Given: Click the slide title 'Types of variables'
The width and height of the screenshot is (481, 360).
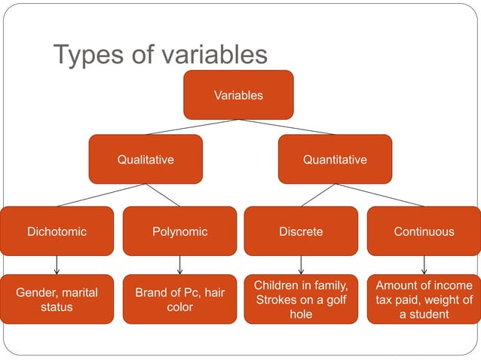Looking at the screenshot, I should (x=160, y=55).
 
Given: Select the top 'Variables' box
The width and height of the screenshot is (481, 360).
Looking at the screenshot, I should (x=238, y=95).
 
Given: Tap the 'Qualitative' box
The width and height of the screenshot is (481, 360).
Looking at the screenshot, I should (x=146, y=160).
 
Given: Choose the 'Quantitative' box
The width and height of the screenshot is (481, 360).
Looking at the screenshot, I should (x=335, y=160).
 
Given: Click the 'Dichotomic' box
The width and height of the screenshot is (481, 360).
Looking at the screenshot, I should (x=57, y=231).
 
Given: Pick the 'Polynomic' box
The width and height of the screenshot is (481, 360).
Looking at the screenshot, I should (x=179, y=231).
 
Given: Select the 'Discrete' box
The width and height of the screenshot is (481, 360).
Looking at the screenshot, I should (x=301, y=231).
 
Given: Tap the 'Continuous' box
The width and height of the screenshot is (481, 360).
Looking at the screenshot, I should (x=424, y=231).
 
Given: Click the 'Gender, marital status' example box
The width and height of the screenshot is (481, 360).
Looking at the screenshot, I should (x=57, y=299).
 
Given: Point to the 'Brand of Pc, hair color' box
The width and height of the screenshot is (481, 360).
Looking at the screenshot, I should (x=179, y=299).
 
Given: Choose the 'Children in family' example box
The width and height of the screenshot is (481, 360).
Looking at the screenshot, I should (x=301, y=299).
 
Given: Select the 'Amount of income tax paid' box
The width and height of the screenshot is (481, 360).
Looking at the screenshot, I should (x=424, y=299).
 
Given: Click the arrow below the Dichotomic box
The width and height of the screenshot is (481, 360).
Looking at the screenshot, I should (x=57, y=265).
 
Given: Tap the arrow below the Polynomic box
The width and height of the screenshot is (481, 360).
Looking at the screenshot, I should (x=179, y=265).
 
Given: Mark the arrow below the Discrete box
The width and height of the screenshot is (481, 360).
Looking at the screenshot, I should (x=301, y=265).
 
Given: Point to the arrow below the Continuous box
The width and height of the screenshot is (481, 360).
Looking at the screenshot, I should (x=424, y=265).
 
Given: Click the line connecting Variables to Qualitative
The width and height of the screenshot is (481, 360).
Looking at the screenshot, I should (x=192, y=127).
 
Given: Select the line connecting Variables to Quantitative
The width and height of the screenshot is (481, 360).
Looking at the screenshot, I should (x=286, y=127).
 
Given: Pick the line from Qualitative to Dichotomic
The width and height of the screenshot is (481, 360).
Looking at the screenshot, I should (x=101, y=195).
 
